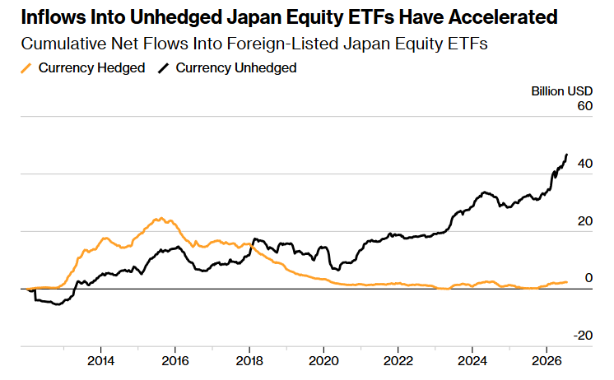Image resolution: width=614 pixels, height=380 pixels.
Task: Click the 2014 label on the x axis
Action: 100,361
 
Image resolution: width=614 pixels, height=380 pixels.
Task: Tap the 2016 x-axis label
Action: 175,361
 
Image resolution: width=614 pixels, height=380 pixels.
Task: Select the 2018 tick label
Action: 249,361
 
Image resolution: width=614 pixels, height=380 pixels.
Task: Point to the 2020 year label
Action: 323,361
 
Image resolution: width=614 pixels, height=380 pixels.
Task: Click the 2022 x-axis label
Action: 398,361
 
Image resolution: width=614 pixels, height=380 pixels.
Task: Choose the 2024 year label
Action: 472,361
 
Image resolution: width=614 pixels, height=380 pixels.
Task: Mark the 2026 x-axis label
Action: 547,361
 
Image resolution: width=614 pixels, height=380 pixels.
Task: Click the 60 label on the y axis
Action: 585,106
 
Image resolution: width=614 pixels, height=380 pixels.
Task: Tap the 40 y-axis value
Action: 585,164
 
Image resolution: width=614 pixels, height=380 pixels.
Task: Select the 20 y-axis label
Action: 585,221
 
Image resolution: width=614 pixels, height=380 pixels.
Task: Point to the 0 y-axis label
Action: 588,278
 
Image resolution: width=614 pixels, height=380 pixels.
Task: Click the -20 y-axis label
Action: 583,336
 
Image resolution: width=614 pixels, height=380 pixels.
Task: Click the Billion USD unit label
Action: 562,91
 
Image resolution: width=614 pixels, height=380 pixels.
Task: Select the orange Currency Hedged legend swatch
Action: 26,68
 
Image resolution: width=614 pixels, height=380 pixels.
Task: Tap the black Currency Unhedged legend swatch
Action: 163,68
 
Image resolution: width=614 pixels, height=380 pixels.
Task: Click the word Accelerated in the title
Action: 503,17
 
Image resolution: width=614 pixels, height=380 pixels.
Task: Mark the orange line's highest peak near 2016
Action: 160,218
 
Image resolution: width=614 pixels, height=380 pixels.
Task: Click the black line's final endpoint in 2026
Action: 566,155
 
